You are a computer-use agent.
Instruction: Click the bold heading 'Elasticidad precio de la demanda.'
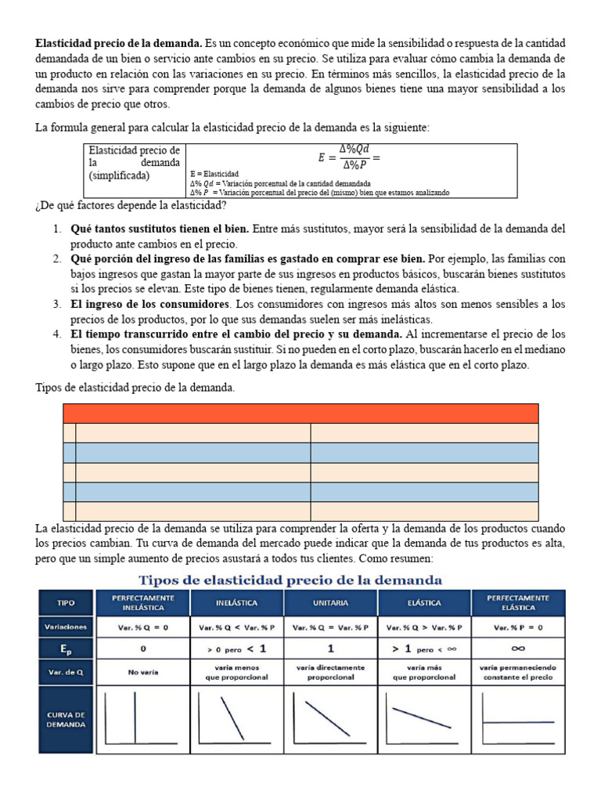click(118, 44)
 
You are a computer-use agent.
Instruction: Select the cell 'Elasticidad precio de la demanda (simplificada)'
click(135, 162)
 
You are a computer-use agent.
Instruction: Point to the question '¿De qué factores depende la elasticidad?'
click(131, 206)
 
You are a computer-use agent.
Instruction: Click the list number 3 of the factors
click(57, 304)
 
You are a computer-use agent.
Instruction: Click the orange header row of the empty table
click(300, 414)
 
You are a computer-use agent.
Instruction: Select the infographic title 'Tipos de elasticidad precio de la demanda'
click(290, 580)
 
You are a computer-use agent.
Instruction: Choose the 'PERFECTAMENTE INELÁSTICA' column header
click(143, 604)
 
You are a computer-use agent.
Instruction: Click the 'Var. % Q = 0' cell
click(143, 627)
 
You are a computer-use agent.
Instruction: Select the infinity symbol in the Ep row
click(516, 648)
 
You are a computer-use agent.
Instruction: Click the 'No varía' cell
click(143, 671)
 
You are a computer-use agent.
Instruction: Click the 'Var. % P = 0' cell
click(516, 627)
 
